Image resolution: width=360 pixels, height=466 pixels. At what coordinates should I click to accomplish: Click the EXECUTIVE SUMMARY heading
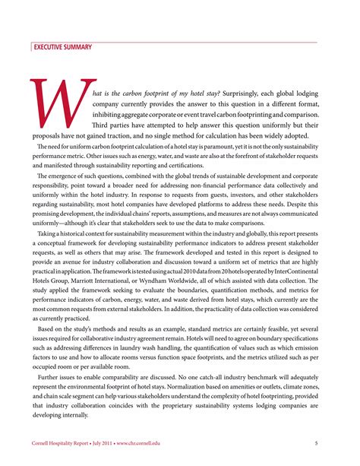(61, 48)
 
